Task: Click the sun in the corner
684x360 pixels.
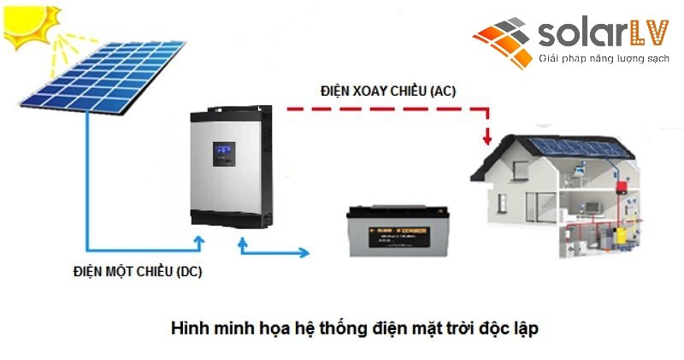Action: (x=30, y=26)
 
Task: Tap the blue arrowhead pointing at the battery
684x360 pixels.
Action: (x=305, y=252)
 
